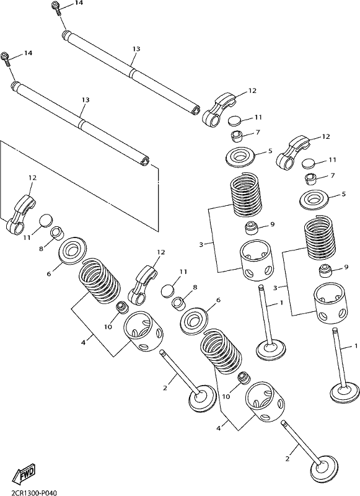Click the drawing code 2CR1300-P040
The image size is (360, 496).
pos(29,492)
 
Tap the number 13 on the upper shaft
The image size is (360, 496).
pos(136,49)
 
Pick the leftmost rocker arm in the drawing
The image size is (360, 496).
pos(20,213)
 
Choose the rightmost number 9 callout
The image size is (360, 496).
pos(346,267)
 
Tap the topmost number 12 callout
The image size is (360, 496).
pos(252,91)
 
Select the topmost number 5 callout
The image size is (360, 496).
pos(270,151)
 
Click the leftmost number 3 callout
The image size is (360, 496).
pos(201,244)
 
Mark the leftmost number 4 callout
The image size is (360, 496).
pos(84,342)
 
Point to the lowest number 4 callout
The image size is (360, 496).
pos(218,428)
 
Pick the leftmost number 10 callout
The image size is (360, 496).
pos(108,327)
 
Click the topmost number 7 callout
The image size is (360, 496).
pos(258,132)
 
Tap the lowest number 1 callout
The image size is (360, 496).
pos(356,347)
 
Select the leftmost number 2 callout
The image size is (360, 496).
pos(165,388)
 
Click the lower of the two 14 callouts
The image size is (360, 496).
pos(28,53)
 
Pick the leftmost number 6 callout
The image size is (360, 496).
pos(49,273)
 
